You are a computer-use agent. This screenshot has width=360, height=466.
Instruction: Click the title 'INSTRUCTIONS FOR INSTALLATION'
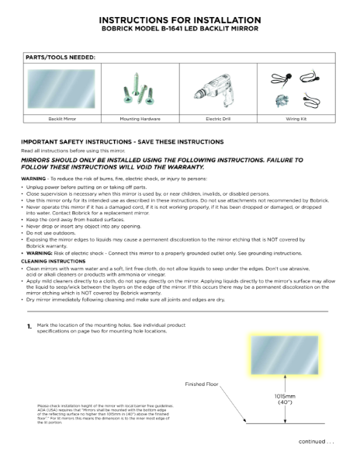coord(180,18)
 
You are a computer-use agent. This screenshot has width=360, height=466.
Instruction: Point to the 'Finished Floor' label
coord(203,384)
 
